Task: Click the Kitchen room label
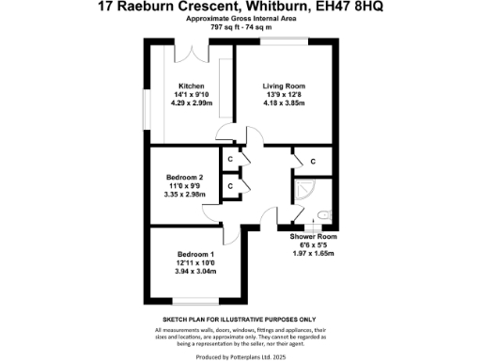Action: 189,86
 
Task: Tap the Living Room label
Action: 283,86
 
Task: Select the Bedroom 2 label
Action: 184,178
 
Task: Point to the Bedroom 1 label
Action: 195,255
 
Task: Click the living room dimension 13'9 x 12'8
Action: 283,94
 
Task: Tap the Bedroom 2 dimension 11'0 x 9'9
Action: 184,186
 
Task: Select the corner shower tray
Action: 303,191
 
